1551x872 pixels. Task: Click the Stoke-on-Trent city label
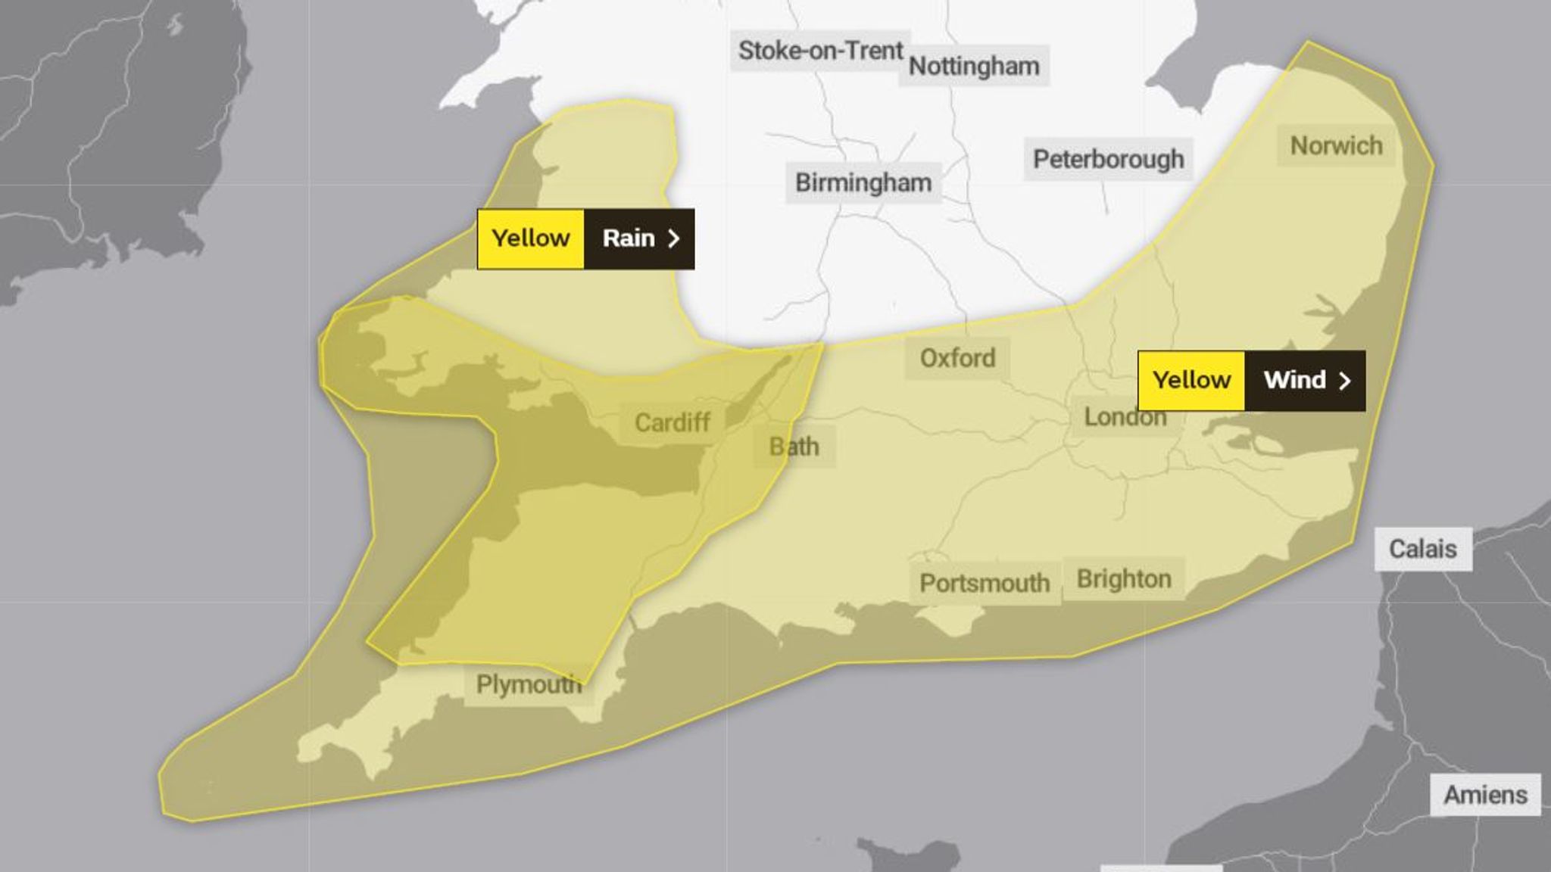coord(820,51)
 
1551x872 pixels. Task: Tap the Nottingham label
coord(974,67)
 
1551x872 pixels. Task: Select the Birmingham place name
coord(863,182)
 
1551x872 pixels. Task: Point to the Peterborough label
coord(1109,159)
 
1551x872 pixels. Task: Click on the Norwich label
coord(1336,145)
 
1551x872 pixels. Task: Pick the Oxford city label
coord(957,358)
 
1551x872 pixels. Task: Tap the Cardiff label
coord(672,422)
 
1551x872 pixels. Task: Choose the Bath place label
coord(794,447)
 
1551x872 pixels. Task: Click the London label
coord(1125,417)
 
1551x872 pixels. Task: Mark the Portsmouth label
coord(985,583)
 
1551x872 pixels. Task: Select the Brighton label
coord(1124,579)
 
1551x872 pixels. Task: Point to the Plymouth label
coord(528,684)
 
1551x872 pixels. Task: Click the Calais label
coord(1423,549)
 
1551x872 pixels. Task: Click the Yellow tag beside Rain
coord(531,238)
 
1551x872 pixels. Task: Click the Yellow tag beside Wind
coord(1191,380)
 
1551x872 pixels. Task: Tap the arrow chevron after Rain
coord(673,239)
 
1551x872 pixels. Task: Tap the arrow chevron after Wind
coord(1345,381)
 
